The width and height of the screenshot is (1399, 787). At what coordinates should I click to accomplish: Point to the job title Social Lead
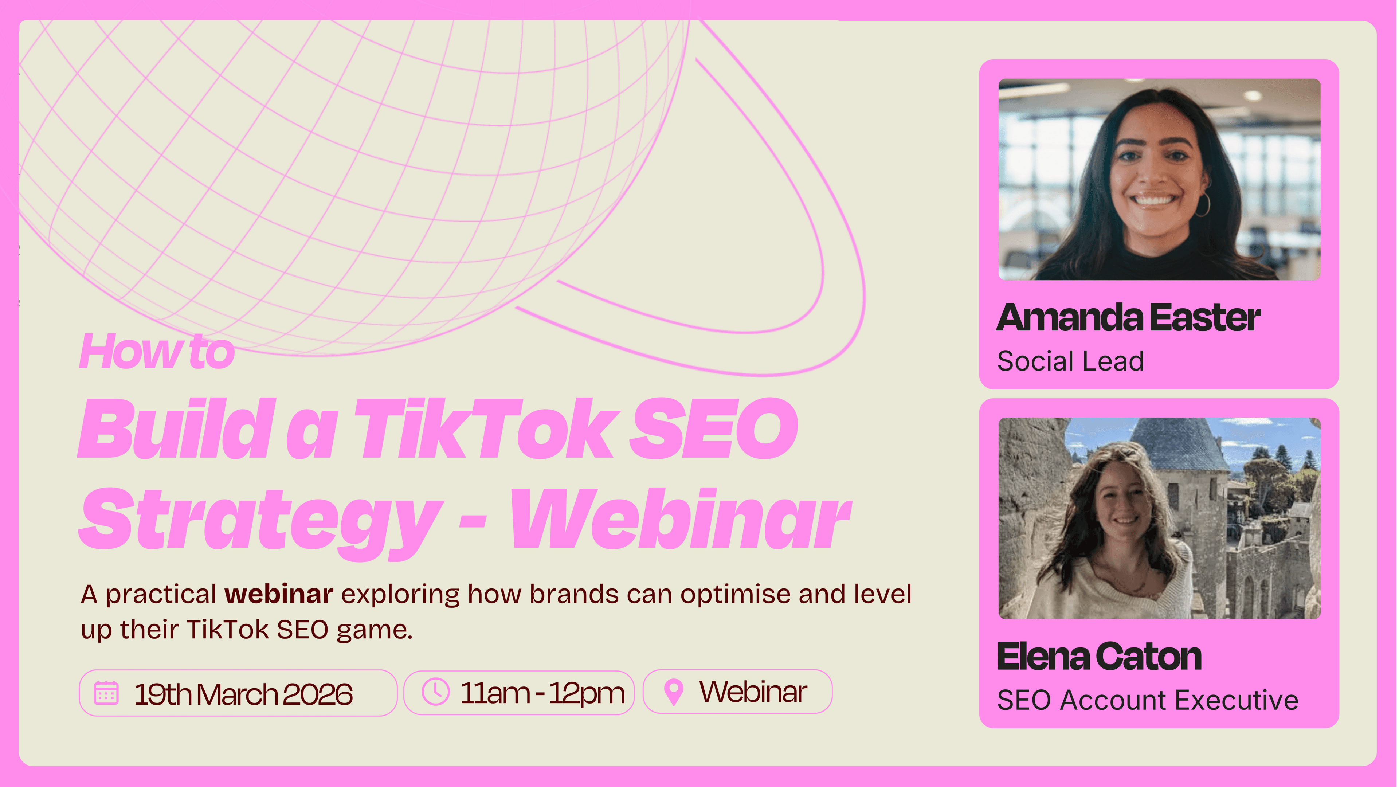[1070, 361]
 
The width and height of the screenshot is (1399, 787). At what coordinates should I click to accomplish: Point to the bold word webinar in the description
[279, 594]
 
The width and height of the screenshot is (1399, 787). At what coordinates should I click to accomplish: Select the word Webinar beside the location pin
[753, 692]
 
